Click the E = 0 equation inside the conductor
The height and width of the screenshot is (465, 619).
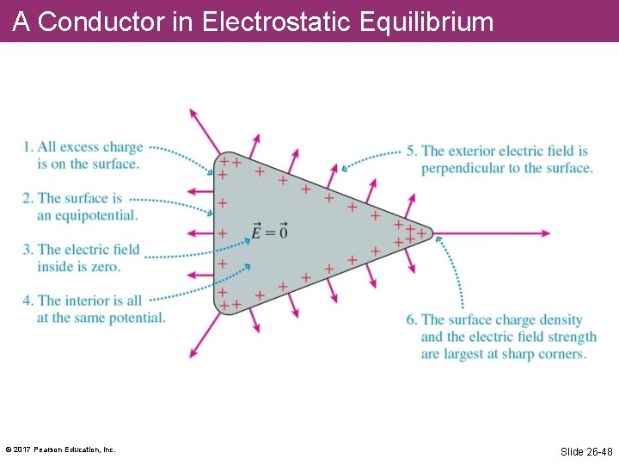[x=269, y=232]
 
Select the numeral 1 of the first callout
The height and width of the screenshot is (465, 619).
[x=28, y=148]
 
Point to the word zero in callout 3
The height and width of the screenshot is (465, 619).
[x=107, y=267]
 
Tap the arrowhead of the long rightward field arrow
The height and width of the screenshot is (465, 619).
[x=544, y=233]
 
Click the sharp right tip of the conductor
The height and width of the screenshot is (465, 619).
[x=432, y=233]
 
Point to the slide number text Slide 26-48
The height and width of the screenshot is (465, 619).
[x=586, y=451]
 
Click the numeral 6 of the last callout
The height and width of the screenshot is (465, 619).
[x=411, y=320]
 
